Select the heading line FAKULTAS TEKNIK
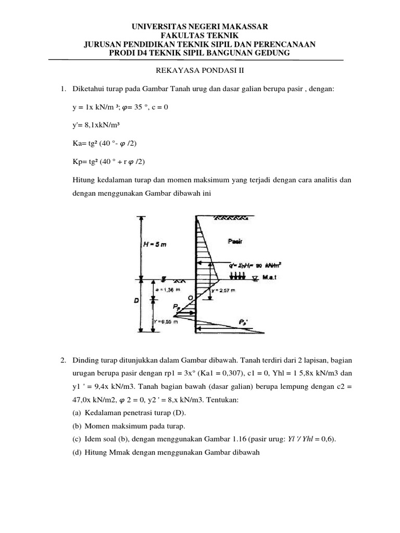click(199, 35)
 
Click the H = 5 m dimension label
click(155, 244)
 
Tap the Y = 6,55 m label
click(167, 321)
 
